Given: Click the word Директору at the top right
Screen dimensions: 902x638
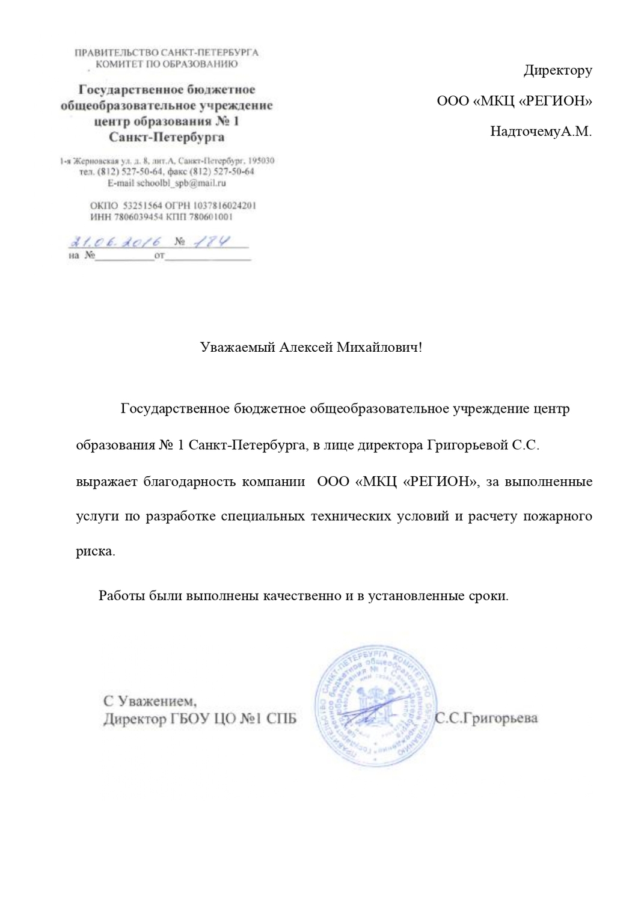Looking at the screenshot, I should coord(557,71).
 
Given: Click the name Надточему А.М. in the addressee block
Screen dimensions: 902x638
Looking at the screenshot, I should coord(541,131).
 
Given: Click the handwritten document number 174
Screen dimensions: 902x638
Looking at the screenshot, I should coord(215,242).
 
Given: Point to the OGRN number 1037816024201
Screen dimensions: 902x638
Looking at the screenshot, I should coord(227,205).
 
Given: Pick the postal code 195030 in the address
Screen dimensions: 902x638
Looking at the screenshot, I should coord(262,161).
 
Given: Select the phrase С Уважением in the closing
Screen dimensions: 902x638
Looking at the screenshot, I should coord(150,701).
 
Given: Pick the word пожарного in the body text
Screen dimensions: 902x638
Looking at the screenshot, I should coord(558,517).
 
